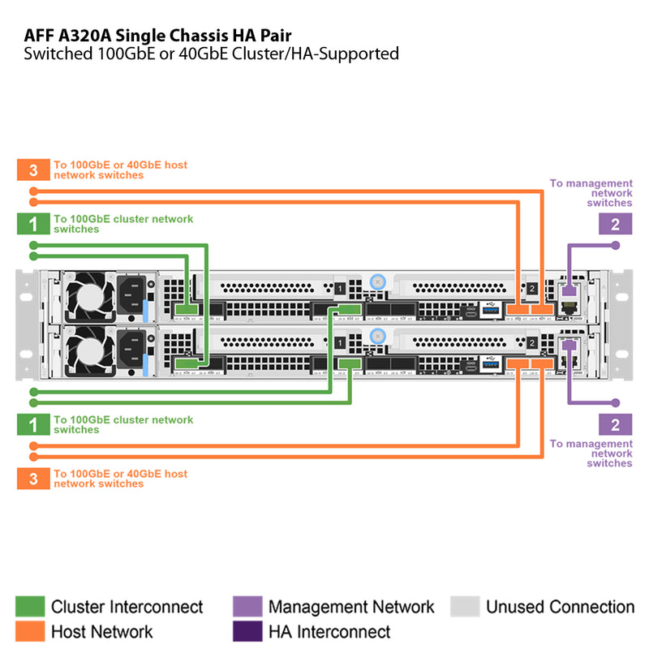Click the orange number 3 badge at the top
pos(33,170)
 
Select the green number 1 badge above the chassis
pos(33,224)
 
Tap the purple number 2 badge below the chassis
pos(615,423)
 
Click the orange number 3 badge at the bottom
pos(33,479)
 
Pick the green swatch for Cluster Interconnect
pos(30,607)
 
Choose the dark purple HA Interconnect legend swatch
pos(247,631)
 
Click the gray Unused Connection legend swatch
pos(465,607)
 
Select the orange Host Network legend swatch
pos(30,631)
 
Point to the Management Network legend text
pos(350,607)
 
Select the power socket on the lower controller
pos(131,350)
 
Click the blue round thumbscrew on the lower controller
pos(376,336)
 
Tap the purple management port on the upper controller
pos(569,290)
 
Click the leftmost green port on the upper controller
pos(187,309)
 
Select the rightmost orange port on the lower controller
pos(541,363)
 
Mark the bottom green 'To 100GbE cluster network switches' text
pos(123,424)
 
